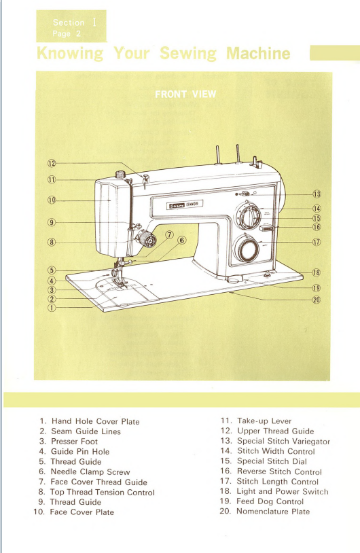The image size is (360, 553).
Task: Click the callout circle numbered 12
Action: [x=51, y=164]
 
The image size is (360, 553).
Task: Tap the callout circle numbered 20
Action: [x=315, y=301]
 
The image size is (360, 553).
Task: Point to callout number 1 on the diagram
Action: [x=51, y=307]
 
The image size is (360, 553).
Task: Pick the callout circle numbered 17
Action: [x=316, y=243]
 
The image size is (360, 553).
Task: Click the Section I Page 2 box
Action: [x=71, y=26]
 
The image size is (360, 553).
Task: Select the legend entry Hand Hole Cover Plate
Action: [x=95, y=421]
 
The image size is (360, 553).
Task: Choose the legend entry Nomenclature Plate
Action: [x=272, y=511]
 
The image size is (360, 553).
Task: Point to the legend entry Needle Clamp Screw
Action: [x=90, y=471]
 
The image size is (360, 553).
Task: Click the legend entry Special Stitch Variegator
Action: [x=283, y=441]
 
